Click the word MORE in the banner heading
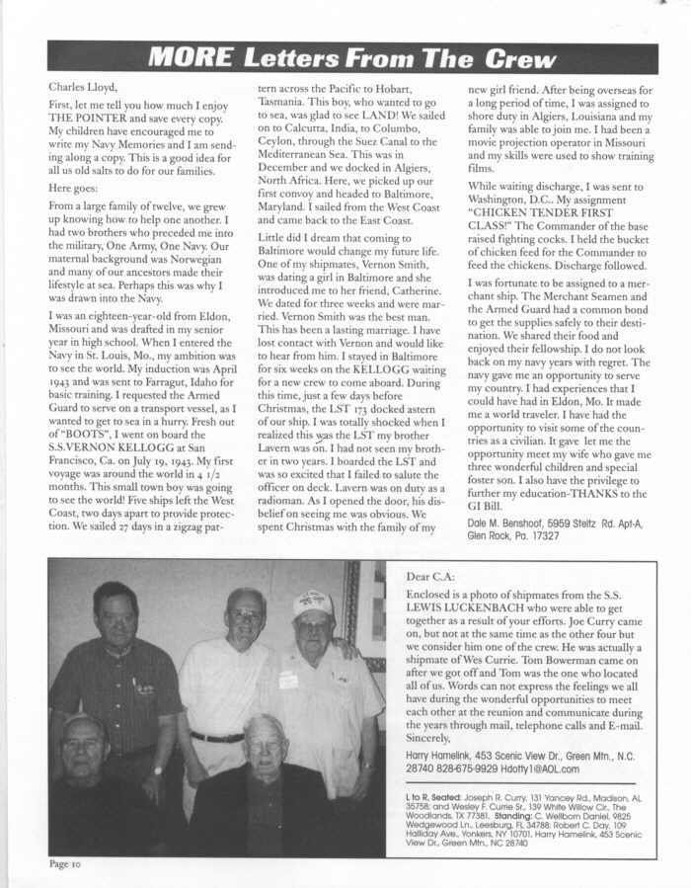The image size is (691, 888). click(x=188, y=59)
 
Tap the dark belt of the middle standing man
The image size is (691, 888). click(x=217, y=737)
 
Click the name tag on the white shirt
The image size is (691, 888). click(x=288, y=681)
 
